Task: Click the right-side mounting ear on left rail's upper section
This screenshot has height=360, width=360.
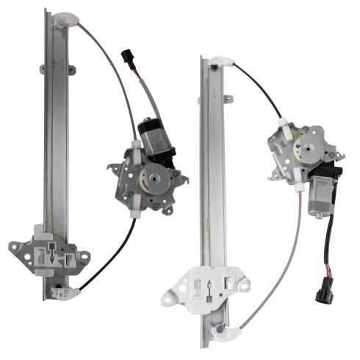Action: [x=71, y=71]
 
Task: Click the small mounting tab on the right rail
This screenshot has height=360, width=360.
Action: [x=228, y=98]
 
